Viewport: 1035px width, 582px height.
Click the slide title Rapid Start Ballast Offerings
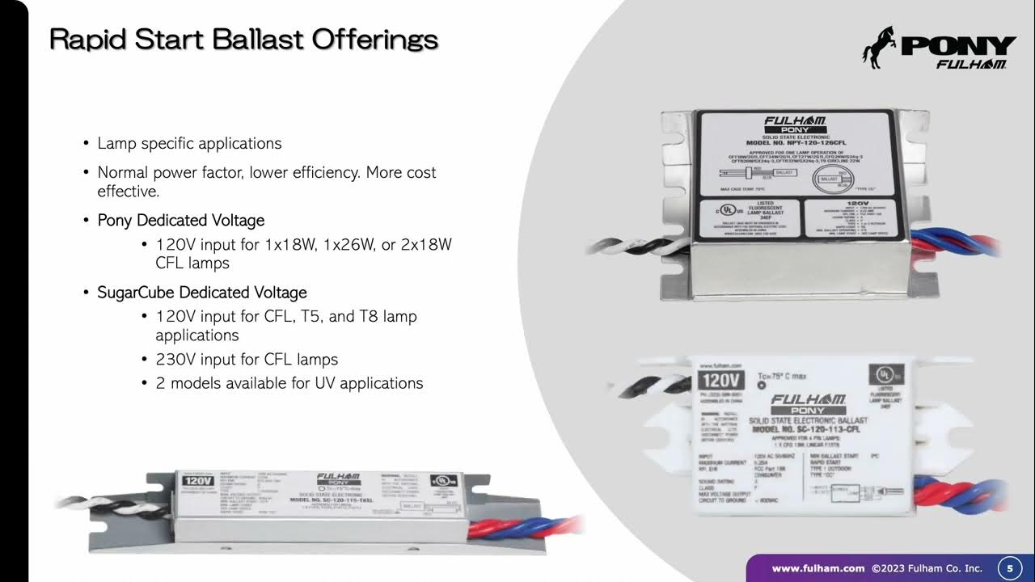pos(243,39)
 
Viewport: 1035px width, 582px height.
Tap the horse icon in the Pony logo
pos(878,46)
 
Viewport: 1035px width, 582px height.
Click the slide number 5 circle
pos(1009,568)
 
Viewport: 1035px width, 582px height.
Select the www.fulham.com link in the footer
pos(818,568)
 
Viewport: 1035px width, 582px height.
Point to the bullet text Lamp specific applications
pos(189,143)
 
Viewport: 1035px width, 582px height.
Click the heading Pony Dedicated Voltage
pos(181,220)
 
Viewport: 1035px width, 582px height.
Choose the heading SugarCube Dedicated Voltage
pos(202,292)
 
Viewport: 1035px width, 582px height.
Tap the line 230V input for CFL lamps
pos(247,359)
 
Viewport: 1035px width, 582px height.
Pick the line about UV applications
pos(289,383)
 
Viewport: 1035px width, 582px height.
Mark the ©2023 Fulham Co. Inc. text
pos(927,568)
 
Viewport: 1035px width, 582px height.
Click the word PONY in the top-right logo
pos(958,46)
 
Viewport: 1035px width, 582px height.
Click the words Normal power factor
pos(169,172)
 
